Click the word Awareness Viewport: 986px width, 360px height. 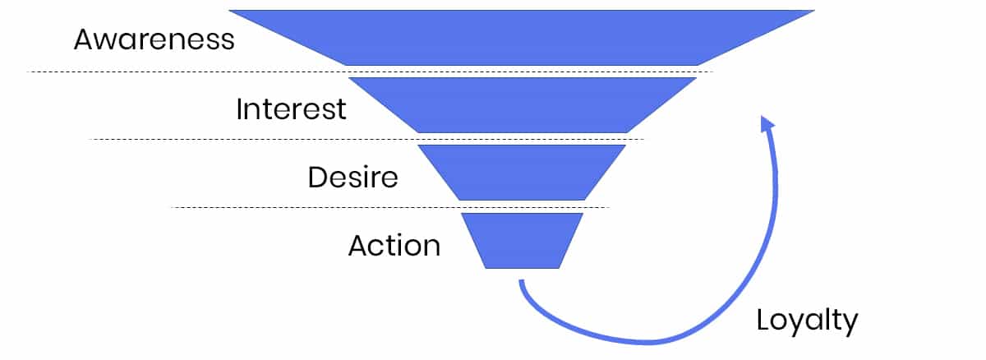pos(154,39)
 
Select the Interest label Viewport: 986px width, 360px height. pos(291,108)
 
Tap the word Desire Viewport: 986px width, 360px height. pos(353,177)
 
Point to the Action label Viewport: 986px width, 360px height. pos(394,245)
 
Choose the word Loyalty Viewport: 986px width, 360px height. pos(807,321)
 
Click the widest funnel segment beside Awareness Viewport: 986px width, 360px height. pos(522,38)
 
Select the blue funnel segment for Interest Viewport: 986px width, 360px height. pos(523,104)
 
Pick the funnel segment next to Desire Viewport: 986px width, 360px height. pos(522,173)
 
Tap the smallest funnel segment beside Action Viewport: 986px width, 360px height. pos(522,240)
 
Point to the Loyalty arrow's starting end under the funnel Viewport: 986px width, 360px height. pos(522,282)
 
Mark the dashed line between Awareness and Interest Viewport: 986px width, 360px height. pos(370,72)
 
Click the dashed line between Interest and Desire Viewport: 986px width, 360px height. pos(366,140)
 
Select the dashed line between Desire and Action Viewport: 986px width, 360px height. pos(390,207)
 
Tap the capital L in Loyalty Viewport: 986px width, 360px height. pos(763,319)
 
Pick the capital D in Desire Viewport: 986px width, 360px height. pos(318,177)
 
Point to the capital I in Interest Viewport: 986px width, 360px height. pos(239,108)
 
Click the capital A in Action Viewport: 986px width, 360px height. pos(360,245)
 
